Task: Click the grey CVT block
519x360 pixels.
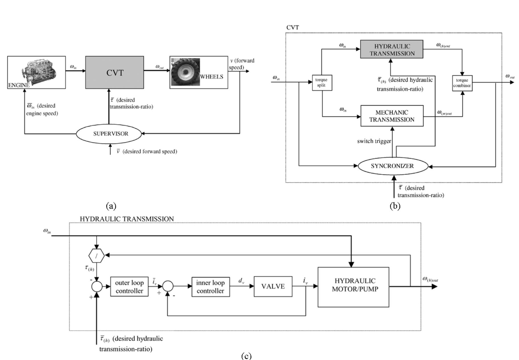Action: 114,73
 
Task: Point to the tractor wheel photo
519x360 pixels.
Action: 185,72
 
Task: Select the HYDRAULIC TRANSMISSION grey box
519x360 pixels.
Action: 392,49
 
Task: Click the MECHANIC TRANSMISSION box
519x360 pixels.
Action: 392,116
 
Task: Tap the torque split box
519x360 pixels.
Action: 322,82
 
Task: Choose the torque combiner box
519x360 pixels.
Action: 462,83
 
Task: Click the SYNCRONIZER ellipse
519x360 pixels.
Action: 392,166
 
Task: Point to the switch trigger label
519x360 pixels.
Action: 374,141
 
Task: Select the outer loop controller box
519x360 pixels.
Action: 129,287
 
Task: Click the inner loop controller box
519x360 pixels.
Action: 211,287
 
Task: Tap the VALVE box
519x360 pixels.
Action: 273,286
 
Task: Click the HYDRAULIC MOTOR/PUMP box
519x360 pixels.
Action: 353,287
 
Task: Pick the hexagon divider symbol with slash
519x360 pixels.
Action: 96,256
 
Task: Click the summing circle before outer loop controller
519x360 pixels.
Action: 97,287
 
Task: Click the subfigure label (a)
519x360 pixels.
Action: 111,206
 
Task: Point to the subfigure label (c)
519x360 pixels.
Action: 246,356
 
